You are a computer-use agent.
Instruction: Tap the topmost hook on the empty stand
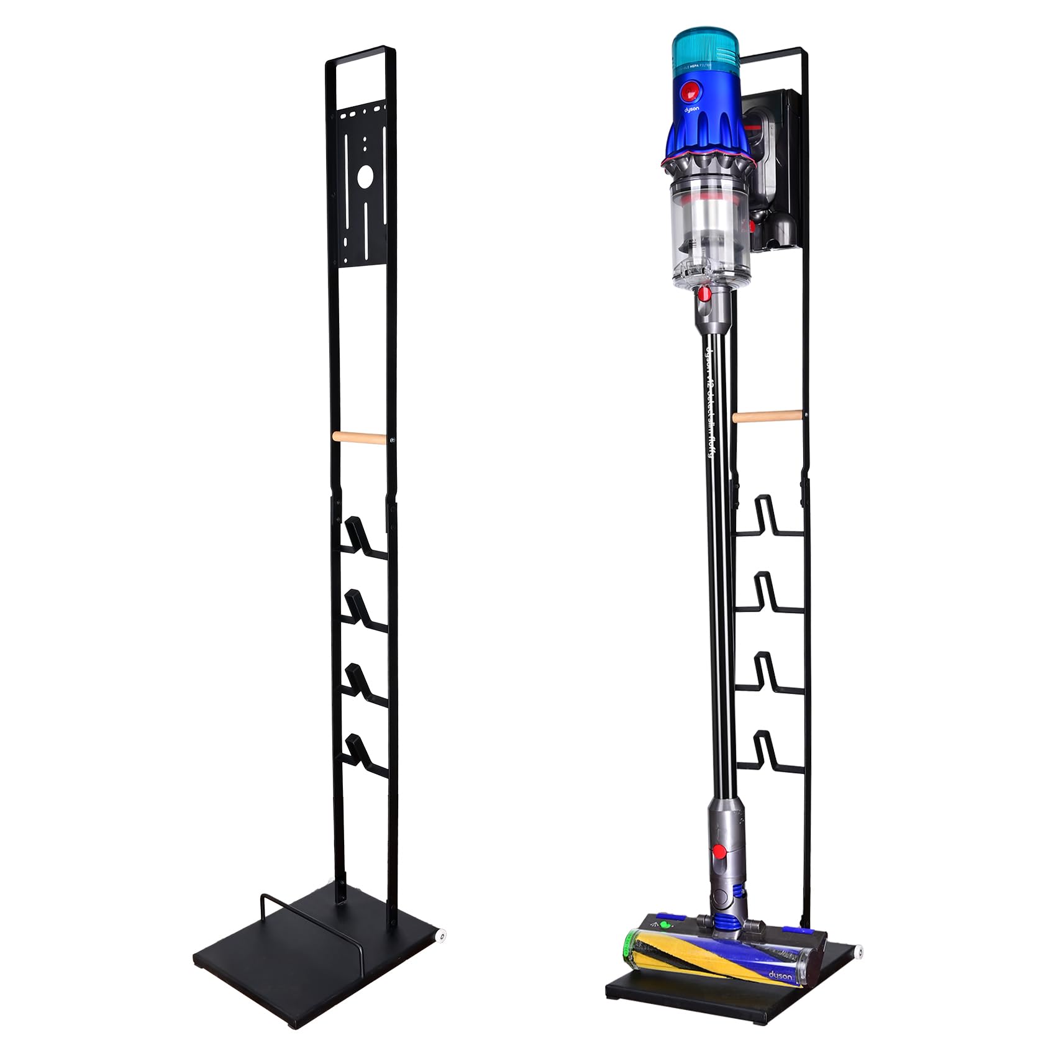tap(358, 535)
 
